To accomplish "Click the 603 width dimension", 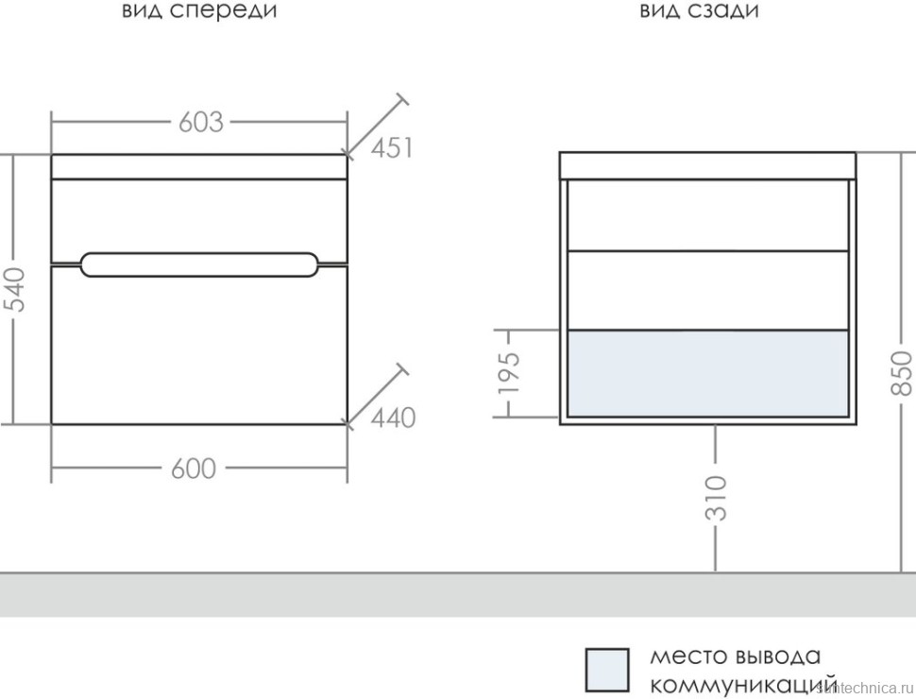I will [199, 122].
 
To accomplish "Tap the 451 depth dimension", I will [392, 148].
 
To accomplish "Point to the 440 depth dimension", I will [393, 418].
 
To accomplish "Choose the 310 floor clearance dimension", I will [717, 498].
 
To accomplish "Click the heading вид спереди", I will [200, 11].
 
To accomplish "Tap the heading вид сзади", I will [699, 11].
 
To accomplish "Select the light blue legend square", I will [606, 670].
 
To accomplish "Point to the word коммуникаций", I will [743, 683].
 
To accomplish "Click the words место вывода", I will [735, 656].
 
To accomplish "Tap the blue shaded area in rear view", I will [707, 373].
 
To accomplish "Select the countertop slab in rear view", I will [707, 165].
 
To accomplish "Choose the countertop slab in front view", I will [199, 166].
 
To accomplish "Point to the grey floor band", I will [458, 595].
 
